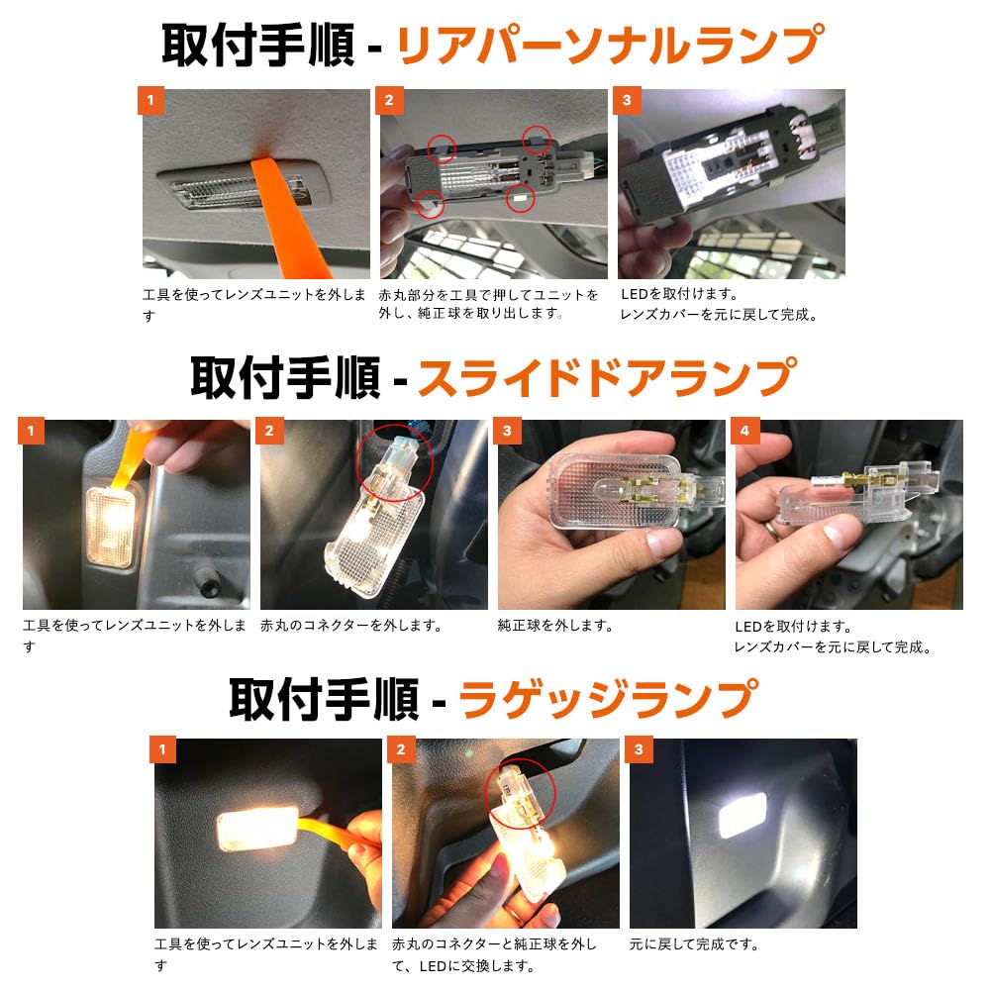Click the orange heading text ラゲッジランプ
click(608, 699)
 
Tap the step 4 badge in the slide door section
click(744, 431)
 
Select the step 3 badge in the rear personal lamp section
click(627, 100)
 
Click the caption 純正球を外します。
click(555, 626)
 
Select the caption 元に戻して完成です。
click(694, 944)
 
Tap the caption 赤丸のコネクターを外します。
click(351, 626)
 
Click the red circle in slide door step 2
click(395, 462)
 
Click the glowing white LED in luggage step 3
click(743, 815)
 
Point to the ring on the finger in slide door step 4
click(772, 530)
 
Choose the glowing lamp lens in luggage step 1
click(257, 829)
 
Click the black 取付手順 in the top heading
click(257, 45)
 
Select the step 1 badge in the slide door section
click(31, 431)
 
